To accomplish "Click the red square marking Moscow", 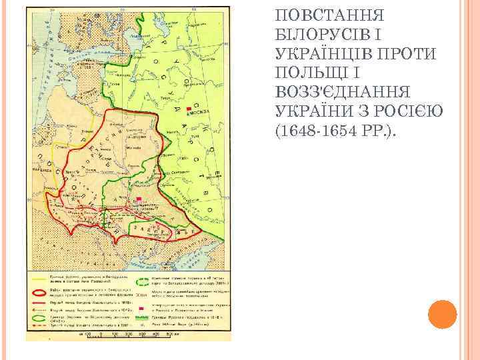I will point(190,108).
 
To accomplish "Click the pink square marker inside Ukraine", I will point(139,201).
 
